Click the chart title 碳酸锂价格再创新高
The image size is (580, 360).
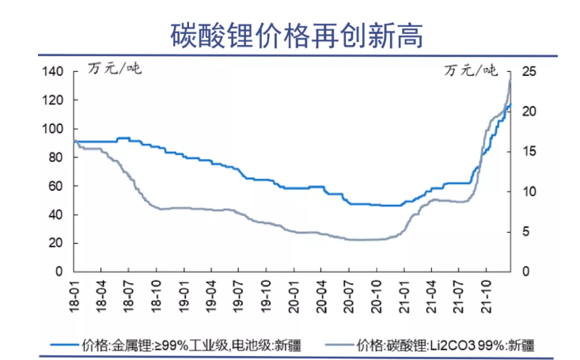(x=290, y=34)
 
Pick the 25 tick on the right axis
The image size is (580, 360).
(x=529, y=72)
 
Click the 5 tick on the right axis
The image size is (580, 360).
(x=533, y=232)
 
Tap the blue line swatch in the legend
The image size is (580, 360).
(x=66, y=344)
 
